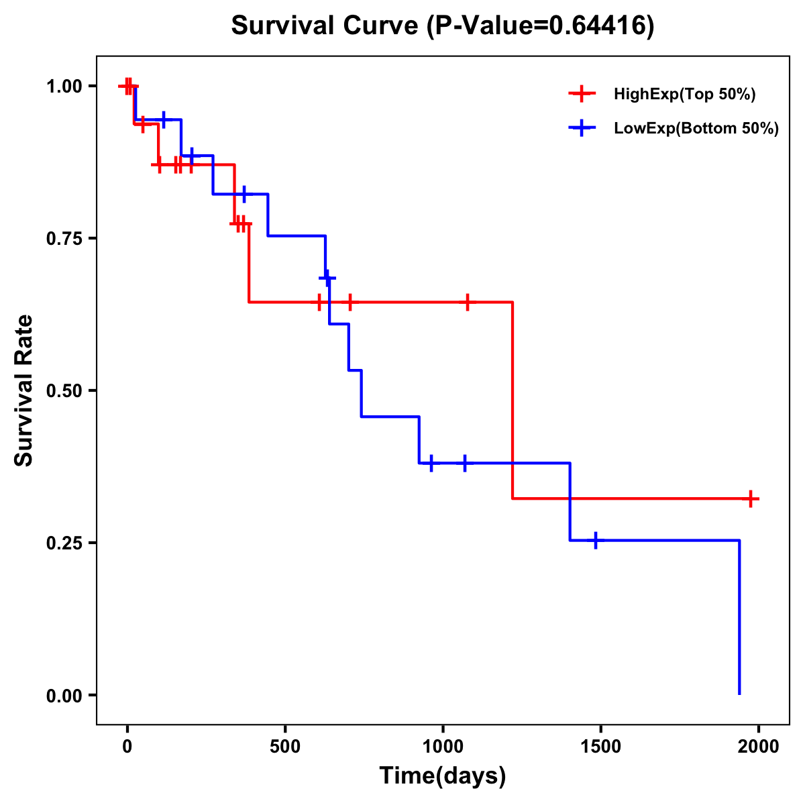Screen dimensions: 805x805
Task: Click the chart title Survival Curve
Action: point(443,25)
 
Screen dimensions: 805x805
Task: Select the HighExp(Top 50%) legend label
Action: point(685,95)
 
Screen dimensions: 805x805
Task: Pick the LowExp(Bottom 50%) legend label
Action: point(696,128)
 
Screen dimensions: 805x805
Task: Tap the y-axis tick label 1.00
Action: point(64,87)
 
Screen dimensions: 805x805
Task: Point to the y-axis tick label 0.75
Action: point(64,239)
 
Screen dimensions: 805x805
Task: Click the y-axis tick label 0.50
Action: point(64,391)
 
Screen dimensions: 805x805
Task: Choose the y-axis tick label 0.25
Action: point(64,543)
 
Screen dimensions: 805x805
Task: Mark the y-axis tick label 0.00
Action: point(64,696)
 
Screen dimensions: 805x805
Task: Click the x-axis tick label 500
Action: point(285,747)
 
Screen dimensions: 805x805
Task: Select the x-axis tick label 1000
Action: point(443,747)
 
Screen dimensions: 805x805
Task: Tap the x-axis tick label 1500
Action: point(600,747)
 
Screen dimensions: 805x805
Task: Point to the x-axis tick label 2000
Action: point(758,747)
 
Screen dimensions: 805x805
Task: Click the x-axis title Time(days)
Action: point(443,776)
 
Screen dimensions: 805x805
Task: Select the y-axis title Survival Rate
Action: point(25,390)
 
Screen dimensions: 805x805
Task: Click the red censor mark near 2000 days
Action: point(751,498)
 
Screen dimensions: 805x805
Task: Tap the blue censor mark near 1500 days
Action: point(595,540)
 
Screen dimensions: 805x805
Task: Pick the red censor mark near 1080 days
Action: point(468,302)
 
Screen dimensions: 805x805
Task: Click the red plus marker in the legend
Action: point(582,95)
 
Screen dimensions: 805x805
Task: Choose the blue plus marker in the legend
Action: point(582,128)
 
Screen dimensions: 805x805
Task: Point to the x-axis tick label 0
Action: point(127,747)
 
